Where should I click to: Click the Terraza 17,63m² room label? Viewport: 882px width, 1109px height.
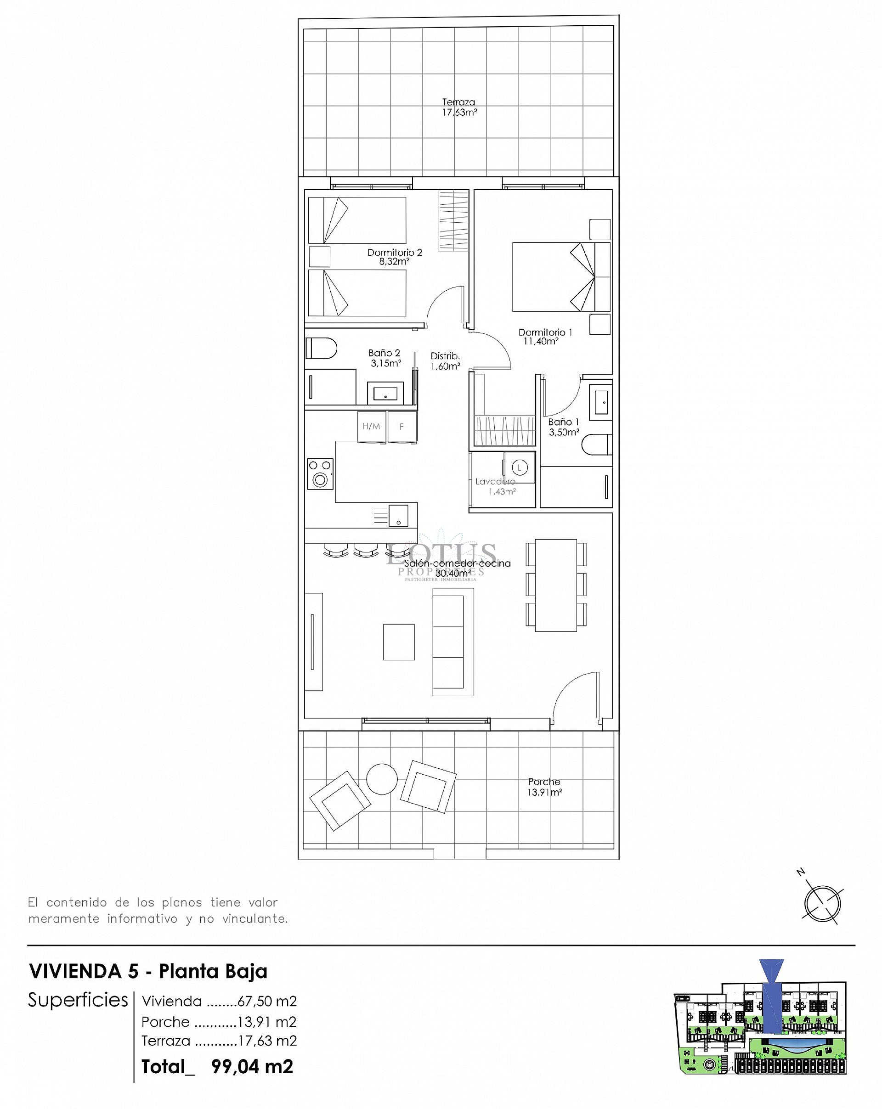(x=458, y=107)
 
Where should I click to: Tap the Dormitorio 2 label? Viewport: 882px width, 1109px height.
(x=394, y=256)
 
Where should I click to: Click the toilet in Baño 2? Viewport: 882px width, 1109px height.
(x=321, y=348)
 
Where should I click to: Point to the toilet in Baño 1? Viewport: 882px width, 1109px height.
(x=597, y=445)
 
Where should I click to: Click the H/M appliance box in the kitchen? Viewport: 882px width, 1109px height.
(x=372, y=426)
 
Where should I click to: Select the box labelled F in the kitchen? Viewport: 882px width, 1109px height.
(x=402, y=426)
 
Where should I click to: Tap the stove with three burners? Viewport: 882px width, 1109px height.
(x=320, y=473)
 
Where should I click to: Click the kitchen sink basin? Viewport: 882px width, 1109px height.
(x=398, y=515)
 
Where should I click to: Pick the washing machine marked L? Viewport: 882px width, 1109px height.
(x=519, y=467)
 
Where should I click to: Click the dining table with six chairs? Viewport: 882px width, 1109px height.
(x=556, y=585)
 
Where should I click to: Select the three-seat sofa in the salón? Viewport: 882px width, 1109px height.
(x=452, y=642)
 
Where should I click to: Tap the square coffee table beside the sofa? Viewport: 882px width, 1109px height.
(x=398, y=642)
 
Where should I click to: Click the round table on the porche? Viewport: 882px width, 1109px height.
(x=381, y=779)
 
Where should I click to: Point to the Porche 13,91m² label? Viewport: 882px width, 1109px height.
(x=544, y=787)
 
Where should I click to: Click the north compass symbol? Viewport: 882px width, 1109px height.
(x=821, y=904)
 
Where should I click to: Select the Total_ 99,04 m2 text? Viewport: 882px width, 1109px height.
(x=217, y=1066)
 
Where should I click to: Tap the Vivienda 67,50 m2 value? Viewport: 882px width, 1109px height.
(x=266, y=1001)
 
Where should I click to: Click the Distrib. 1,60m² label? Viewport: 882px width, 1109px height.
(x=445, y=360)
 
